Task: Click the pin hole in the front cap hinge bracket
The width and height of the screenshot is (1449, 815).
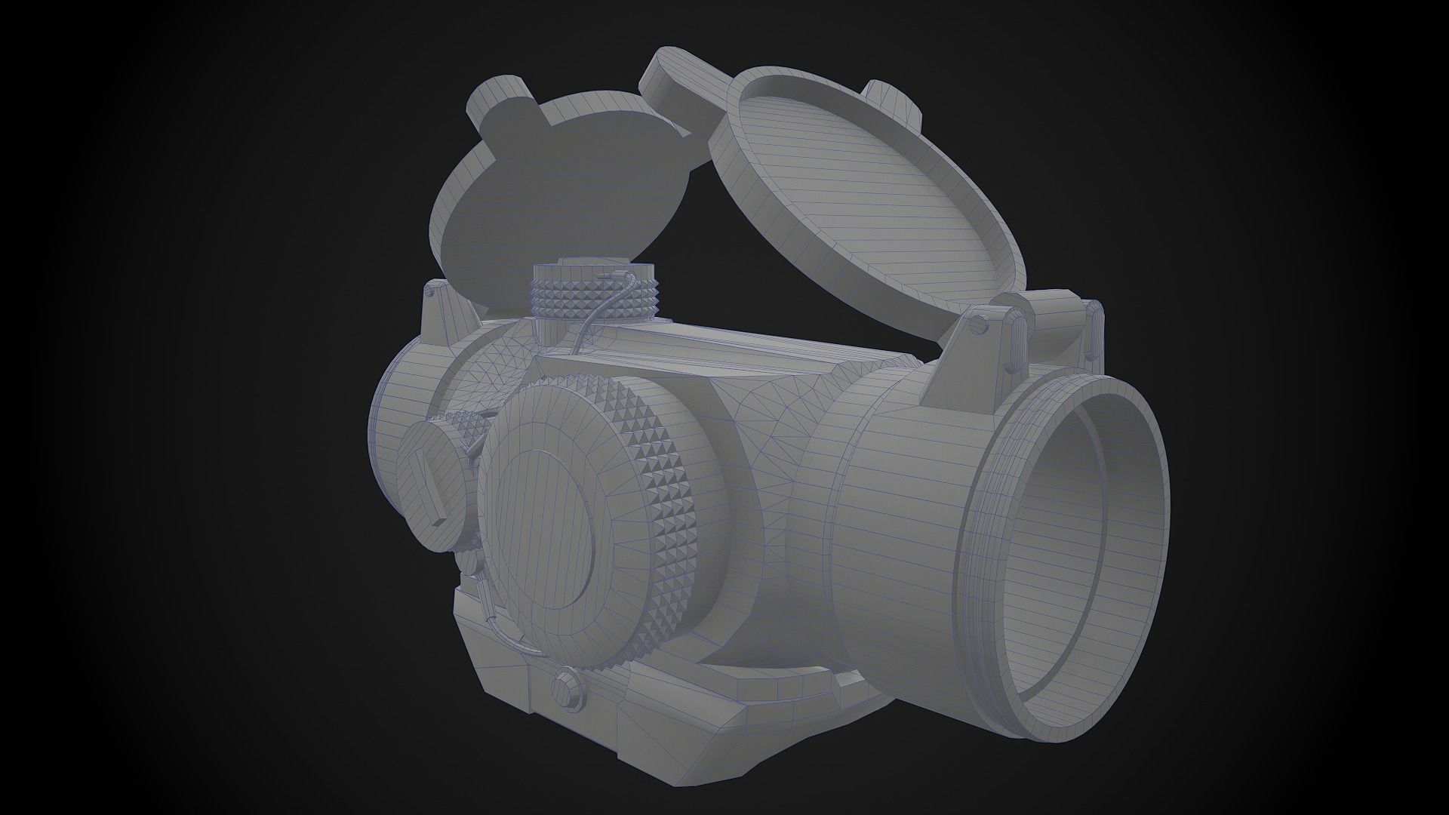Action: coord(980,324)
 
